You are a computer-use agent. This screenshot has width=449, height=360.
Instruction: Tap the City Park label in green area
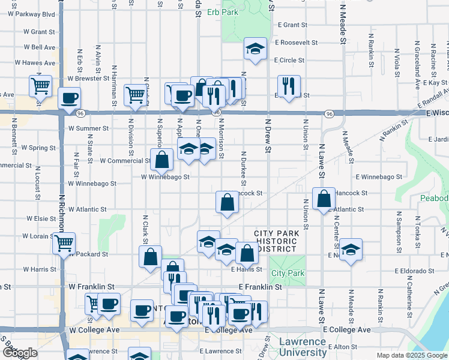288,274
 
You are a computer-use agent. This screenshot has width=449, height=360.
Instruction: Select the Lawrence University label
303,347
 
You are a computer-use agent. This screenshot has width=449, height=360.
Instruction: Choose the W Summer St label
88,128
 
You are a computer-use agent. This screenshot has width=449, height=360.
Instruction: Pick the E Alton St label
342,347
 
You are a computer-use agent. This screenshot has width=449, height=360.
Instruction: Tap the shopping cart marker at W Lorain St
63,243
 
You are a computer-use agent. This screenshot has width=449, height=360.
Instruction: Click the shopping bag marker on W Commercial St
161,159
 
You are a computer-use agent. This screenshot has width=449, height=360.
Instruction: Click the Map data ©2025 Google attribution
412,355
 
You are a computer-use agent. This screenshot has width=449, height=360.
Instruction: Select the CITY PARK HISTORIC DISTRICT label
276,241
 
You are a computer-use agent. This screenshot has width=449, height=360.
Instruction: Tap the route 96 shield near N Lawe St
329,113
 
